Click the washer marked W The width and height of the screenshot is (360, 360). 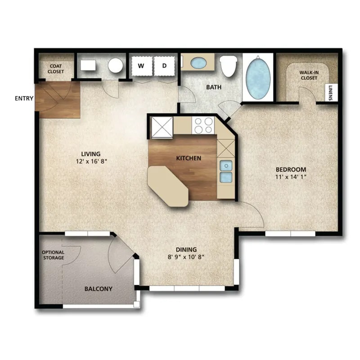tap(141, 66)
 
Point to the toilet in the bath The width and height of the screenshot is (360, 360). tap(228, 67)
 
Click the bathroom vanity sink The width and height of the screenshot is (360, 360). tap(198, 63)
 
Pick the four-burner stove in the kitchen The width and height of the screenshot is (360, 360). tap(203, 125)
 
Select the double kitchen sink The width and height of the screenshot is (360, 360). tap(225, 171)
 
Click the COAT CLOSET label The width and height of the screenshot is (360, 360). tap(56, 68)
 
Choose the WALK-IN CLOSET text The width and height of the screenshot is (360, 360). tap(308, 75)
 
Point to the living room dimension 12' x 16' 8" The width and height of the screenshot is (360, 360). tap(91, 161)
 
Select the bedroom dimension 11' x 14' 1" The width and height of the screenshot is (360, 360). tap(291, 176)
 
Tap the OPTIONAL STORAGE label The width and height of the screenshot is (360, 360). tap(53, 255)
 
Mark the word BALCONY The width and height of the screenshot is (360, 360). tap(98, 289)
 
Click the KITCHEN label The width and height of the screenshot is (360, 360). tap(189, 158)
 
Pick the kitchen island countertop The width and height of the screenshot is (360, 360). tap(168, 186)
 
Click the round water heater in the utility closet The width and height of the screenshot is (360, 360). tap(116, 66)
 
